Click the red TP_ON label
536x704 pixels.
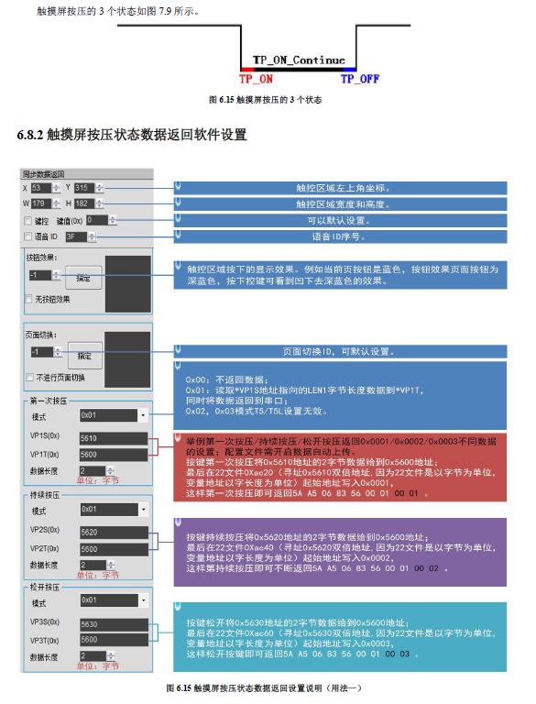click(256, 79)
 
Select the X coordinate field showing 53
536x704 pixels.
click(39, 188)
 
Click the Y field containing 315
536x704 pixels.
click(84, 188)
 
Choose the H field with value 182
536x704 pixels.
click(84, 203)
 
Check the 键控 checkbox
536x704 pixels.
click(27, 221)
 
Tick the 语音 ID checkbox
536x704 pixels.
click(27, 236)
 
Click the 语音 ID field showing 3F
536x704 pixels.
click(75, 236)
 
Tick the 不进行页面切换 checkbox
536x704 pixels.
click(30, 377)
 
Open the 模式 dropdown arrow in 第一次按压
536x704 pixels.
click(143, 415)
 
